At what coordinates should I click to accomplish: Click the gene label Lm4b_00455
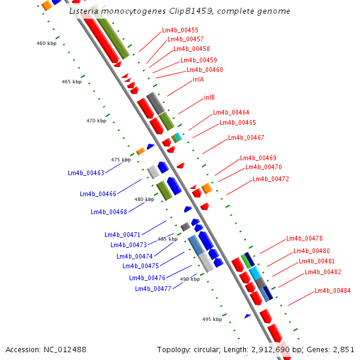[180, 30]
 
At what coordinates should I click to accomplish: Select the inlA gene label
[198, 79]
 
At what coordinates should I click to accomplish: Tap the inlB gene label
[209, 97]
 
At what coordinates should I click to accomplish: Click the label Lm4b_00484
[332, 291]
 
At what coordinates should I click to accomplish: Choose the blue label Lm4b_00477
[153, 289]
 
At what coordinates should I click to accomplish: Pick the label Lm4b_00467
[246, 138]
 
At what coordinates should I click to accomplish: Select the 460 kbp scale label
[46, 43]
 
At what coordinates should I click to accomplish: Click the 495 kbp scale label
[212, 320]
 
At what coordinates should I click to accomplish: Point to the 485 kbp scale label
[167, 239]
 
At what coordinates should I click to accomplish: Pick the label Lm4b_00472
[271, 179]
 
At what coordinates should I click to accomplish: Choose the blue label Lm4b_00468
[109, 212]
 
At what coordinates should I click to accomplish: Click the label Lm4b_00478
[304, 238]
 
